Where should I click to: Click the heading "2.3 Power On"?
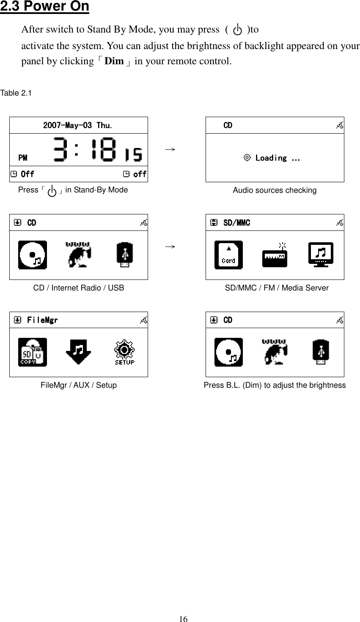coord(45,7)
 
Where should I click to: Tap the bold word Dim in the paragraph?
coord(114,61)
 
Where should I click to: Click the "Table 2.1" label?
coord(16,93)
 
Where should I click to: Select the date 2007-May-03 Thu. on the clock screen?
coord(78,126)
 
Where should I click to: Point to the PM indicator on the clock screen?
coord(23,158)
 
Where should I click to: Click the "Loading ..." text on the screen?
coord(278,158)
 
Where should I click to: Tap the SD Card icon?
coord(228,255)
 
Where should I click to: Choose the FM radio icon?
coord(275,255)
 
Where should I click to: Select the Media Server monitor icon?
coord(321,255)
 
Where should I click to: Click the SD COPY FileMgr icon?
coord(33,352)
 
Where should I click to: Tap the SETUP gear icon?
coord(124,352)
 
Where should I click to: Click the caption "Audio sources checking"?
coord(275,190)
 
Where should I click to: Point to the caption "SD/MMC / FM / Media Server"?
coord(277,288)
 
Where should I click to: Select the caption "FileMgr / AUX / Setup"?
coord(79,385)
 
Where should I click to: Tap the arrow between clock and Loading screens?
coord(170,149)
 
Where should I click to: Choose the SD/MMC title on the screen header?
coord(236,223)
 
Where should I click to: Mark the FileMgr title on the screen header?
coord(42,321)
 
